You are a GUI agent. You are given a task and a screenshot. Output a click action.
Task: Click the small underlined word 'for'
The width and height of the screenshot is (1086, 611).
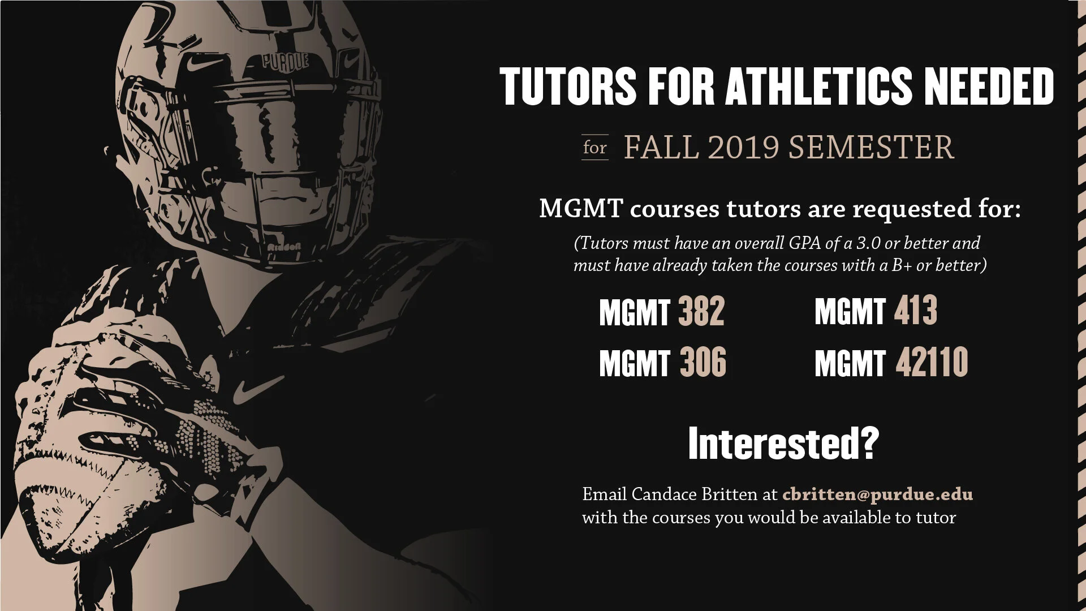tap(594, 148)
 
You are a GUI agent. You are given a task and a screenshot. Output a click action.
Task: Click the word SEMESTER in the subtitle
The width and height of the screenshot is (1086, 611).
tap(871, 147)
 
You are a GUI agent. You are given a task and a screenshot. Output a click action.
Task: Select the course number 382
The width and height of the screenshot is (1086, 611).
tap(701, 311)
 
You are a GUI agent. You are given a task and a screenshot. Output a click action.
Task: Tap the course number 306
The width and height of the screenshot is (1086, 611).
tap(703, 362)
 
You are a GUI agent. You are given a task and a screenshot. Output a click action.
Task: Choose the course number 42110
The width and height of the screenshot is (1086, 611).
tap(932, 362)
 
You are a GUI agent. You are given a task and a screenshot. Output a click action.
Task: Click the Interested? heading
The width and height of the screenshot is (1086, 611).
tap(783, 444)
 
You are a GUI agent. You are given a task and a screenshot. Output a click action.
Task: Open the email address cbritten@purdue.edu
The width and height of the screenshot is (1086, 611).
tap(877, 494)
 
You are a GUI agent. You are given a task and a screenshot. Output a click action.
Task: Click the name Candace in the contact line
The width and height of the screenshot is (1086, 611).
tap(664, 494)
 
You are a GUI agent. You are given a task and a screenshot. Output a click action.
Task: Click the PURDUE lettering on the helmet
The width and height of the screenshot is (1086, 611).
tap(286, 61)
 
